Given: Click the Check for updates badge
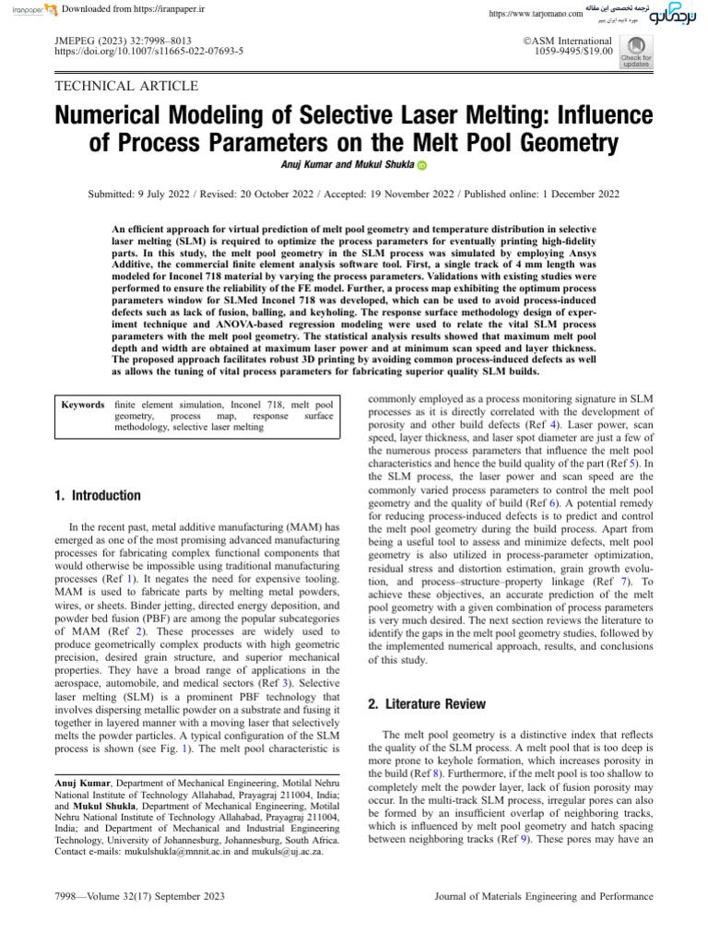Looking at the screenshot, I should coord(636,53).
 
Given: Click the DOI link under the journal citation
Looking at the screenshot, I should coord(149,53).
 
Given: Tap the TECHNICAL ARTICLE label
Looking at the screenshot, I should coord(127,87).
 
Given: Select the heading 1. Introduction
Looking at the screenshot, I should coord(99,495).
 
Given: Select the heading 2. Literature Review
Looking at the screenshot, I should coord(426,703).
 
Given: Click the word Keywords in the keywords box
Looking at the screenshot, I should coord(82,405).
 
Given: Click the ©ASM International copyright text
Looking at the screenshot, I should coord(568,41).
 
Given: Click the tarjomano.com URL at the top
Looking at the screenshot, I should coord(535,14).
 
